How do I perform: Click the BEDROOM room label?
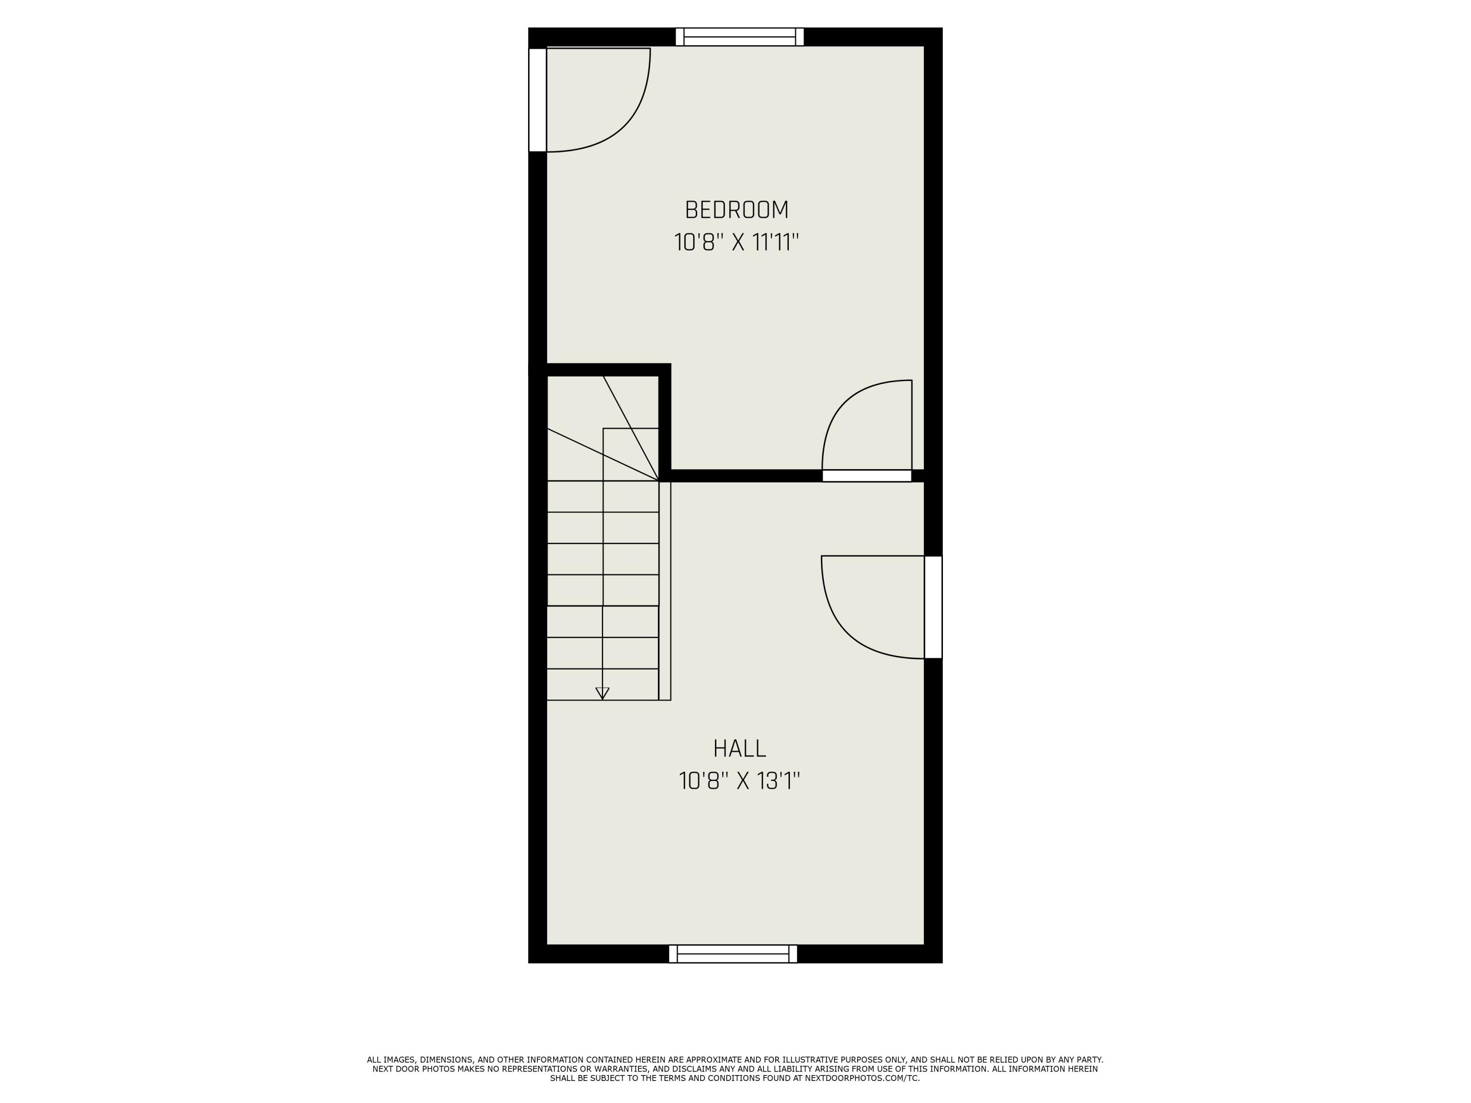point(736,210)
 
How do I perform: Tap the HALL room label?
point(739,749)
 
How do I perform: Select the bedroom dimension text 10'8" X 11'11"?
point(736,243)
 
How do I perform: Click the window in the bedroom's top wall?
point(739,37)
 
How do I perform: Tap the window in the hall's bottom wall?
point(733,954)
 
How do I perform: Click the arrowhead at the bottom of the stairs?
point(603,693)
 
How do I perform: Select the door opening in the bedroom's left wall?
point(537,100)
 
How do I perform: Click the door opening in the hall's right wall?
point(933,607)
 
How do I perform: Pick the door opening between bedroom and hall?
point(866,476)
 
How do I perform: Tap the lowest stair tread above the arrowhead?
point(603,684)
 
